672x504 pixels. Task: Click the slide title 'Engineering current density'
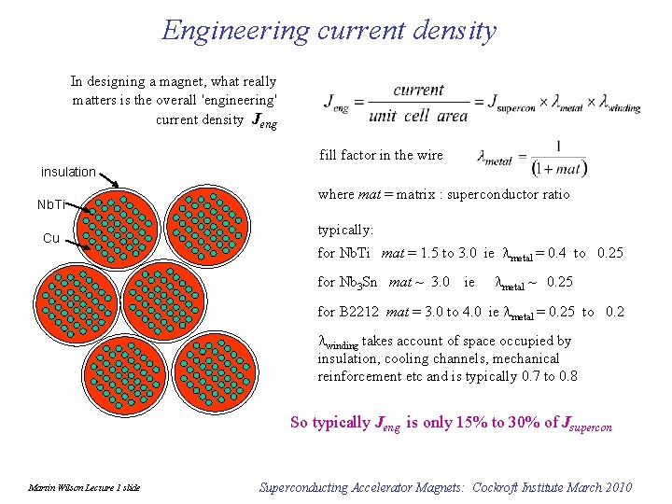click(329, 30)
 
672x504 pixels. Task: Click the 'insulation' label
click(68, 172)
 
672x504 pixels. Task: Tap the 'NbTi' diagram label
click(51, 204)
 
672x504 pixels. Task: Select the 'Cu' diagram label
click(51, 238)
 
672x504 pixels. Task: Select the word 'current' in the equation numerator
click(419, 90)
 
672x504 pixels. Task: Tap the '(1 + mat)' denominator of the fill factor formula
click(558, 170)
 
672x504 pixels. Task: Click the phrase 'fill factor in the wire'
click(381, 155)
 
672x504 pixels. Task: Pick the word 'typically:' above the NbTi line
click(345, 230)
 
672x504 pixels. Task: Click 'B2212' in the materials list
click(358, 312)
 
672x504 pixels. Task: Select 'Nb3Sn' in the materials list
click(360, 282)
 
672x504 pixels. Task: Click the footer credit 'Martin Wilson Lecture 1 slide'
click(84, 488)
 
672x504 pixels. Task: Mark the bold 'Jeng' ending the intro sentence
click(263, 120)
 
